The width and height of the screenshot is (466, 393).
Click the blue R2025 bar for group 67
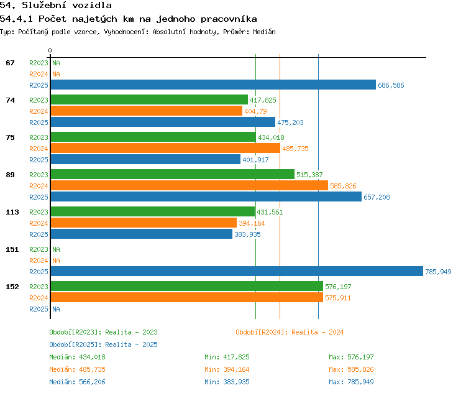[213, 85]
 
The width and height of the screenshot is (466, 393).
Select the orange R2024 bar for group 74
[147, 111]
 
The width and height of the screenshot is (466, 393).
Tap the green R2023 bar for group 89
[173, 174]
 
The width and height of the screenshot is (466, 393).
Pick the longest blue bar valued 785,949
[237, 271]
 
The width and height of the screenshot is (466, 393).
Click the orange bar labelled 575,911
[187, 297]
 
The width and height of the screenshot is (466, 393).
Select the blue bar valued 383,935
[142, 234]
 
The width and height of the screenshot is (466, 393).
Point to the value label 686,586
[391, 85]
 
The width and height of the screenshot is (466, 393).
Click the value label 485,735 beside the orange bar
[295, 149]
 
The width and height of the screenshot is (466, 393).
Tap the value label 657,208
[377, 197]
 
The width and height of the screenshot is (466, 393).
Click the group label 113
[12, 212]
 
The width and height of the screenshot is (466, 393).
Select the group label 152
[12, 287]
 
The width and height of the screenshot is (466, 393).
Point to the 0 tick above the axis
[50, 50]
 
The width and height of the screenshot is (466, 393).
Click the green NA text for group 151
[56, 249]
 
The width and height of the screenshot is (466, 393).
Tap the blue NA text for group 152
[56, 309]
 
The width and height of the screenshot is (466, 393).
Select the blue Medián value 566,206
[92, 382]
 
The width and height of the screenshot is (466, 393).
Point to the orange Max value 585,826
[360, 369]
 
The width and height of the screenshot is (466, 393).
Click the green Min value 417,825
[236, 357]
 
